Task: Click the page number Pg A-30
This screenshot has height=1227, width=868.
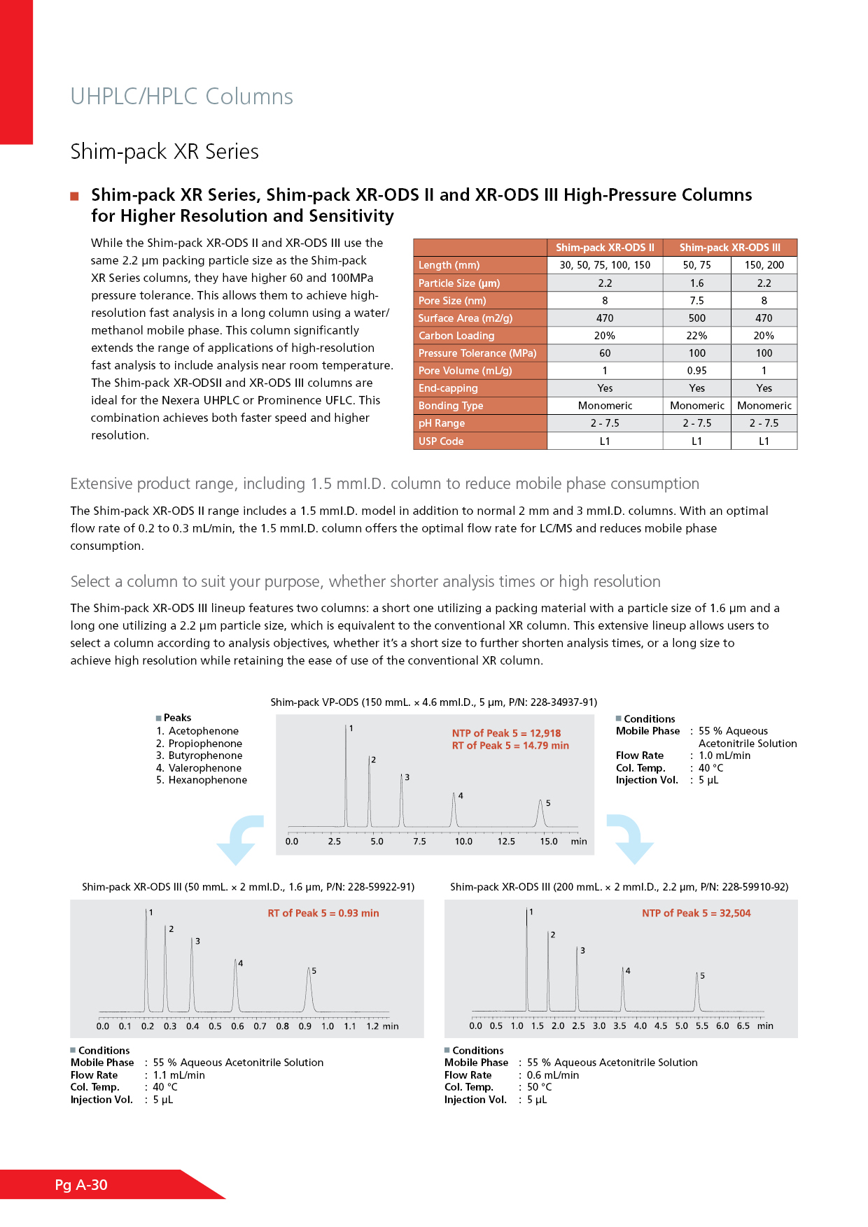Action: (x=81, y=1184)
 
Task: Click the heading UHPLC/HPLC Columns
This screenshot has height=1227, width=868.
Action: (x=181, y=97)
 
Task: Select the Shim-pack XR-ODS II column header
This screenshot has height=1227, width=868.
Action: (x=605, y=248)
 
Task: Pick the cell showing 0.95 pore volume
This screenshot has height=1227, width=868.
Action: (x=696, y=371)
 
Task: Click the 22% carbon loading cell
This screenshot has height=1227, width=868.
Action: (x=696, y=336)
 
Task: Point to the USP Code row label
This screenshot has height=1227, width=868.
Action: (x=441, y=441)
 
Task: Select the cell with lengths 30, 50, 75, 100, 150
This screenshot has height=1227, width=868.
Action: (x=605, y=265)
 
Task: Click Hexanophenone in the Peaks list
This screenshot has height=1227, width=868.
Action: (x=207, y=780)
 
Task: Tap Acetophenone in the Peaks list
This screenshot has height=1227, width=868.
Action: (x=203, y=731)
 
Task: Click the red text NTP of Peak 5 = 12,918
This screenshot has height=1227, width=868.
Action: (x=506, y=733)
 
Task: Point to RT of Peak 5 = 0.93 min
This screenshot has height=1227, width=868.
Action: (x=323, y=913)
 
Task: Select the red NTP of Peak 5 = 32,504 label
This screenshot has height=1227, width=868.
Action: (x=696, y=913)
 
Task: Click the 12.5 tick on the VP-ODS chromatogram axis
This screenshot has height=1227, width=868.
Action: (x=506, y=842)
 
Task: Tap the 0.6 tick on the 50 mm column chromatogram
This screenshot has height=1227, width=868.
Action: (x=238, y=1026)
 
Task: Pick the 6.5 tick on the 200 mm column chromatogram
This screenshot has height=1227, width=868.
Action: (x=743, y=1026)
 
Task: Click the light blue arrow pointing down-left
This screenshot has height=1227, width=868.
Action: (x=240, y=839)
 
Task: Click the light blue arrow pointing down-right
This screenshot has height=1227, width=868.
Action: (x=629, y=839)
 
